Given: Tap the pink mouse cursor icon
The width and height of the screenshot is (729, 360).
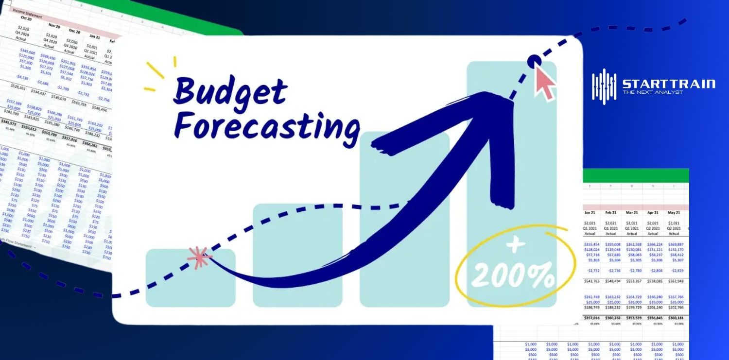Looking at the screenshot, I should coord(545,83).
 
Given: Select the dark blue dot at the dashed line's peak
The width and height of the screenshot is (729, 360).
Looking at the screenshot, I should coord(534,62).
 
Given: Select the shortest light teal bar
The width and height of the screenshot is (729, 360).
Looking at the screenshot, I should coord(191,277).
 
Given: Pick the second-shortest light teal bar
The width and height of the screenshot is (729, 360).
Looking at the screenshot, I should coord(297,255).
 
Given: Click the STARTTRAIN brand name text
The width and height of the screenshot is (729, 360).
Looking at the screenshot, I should coord(669,84).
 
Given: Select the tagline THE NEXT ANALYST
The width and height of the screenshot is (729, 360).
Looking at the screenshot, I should coord(653,92).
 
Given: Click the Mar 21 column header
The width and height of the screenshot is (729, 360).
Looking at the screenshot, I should coord(632,212).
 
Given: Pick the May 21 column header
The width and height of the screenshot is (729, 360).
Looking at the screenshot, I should coord(674,212).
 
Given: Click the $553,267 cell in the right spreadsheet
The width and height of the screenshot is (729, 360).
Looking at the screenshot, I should coord(631,281).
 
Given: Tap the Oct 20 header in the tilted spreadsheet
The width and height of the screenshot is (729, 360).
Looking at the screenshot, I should coord(27,18).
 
